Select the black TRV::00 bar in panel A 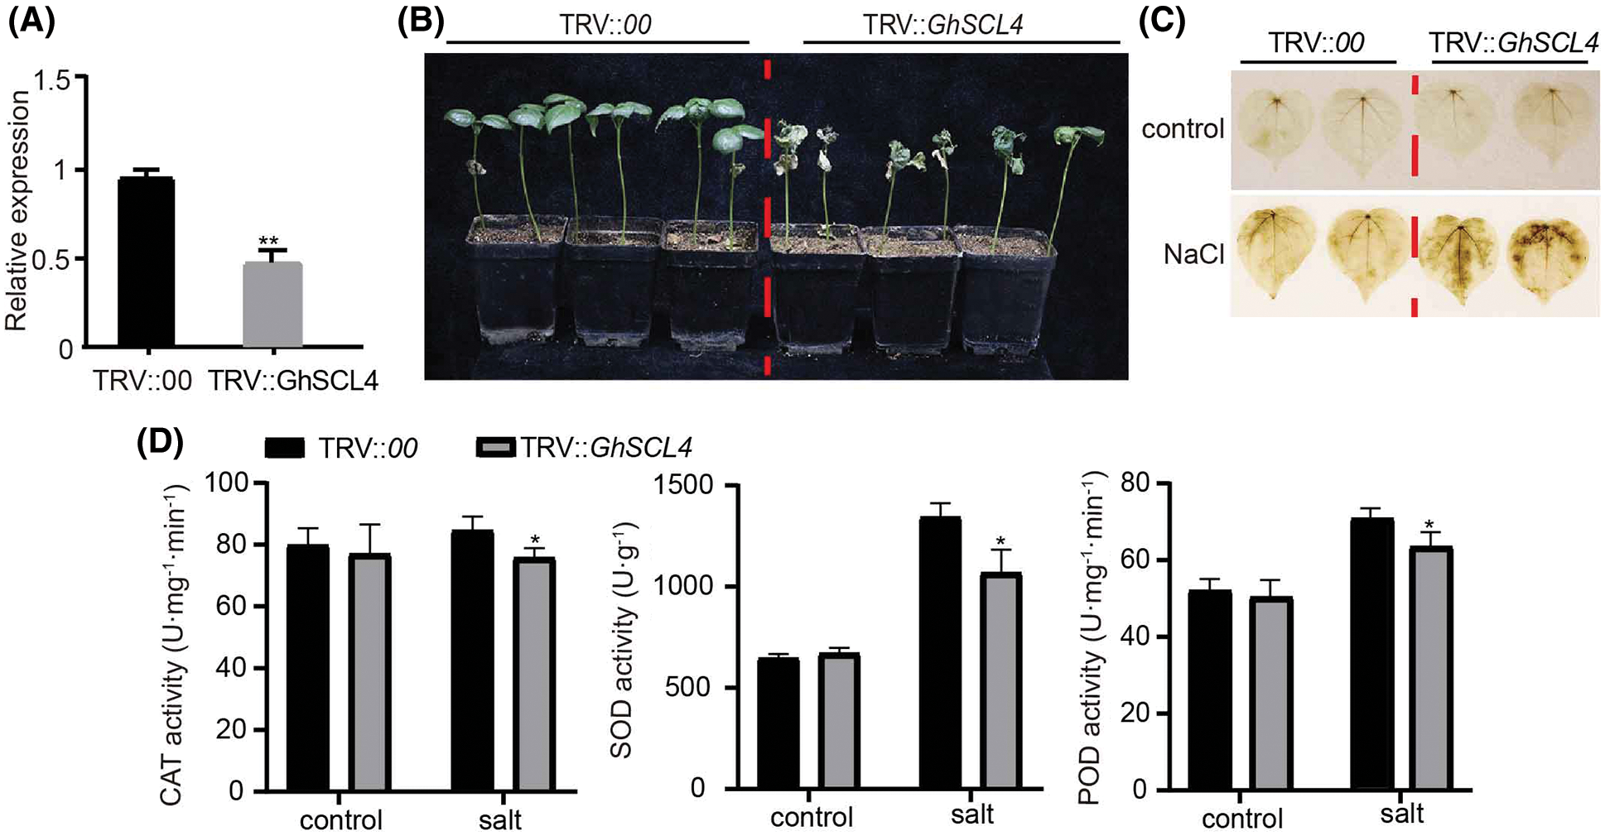(146, 262)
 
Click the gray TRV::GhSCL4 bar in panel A (272, 305)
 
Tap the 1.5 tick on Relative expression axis (51, 81)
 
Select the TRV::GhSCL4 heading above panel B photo (942, 25)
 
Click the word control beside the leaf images (1183, 129)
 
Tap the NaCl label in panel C (1193, 254)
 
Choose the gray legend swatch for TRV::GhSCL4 (497, 448)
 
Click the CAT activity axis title (172, 646)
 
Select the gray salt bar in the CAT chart (535, 675)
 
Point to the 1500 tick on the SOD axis (683, 485)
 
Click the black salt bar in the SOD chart (940, 654)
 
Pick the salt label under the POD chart (1401, 814)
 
